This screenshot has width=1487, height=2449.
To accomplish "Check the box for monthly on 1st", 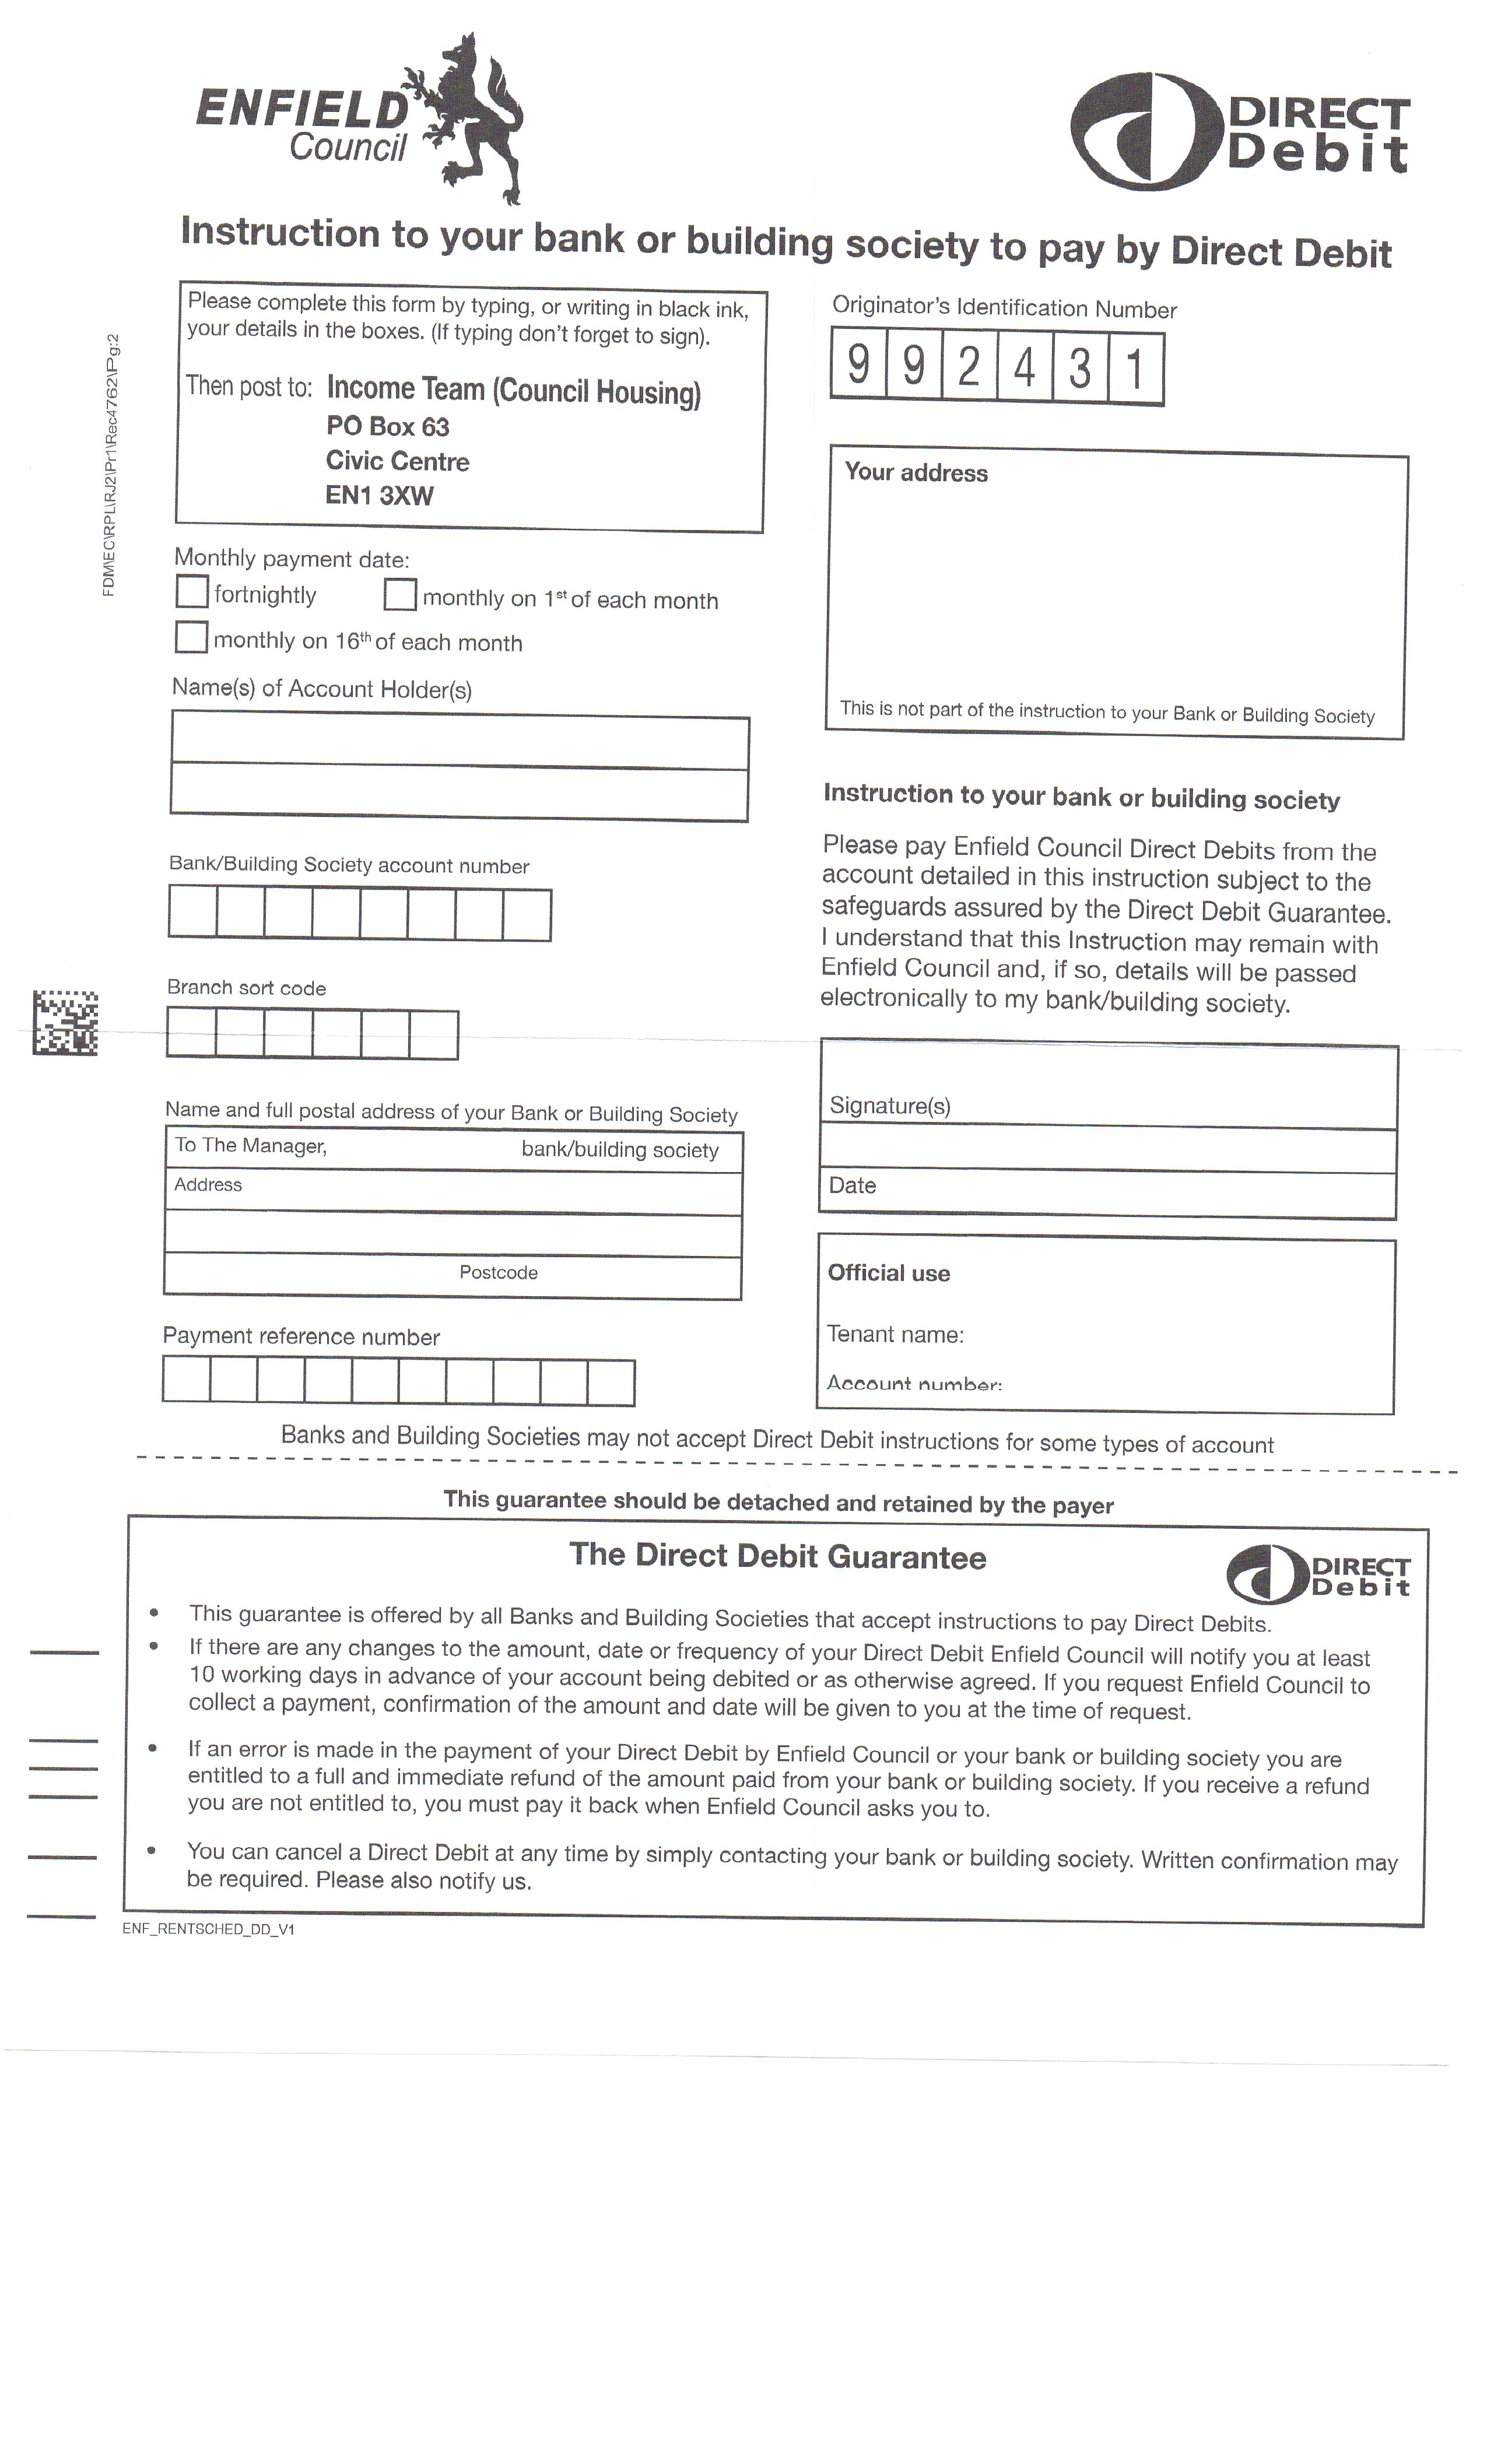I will coord(399,594).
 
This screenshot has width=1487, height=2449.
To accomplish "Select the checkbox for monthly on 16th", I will coord(191,636).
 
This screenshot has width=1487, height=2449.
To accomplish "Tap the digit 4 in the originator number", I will coord(1025,368).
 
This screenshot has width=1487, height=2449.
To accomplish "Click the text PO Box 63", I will coord(388,426).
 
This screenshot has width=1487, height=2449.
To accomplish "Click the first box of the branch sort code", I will coord(191,1033).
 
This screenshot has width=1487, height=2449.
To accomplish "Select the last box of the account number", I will coord(527,914).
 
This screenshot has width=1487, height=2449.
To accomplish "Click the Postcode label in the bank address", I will coord(498,1272).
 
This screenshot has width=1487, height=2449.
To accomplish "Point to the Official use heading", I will coord(889,1273).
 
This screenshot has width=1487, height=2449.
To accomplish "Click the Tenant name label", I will coord(895,1334).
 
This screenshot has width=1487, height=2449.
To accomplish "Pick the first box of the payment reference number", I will coord(186,1380).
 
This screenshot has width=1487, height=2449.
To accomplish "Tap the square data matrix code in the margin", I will coord(65,1022).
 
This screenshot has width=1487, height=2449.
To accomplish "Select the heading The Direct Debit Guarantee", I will coord(777,1556).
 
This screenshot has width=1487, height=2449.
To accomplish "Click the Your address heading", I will coord(916,473).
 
